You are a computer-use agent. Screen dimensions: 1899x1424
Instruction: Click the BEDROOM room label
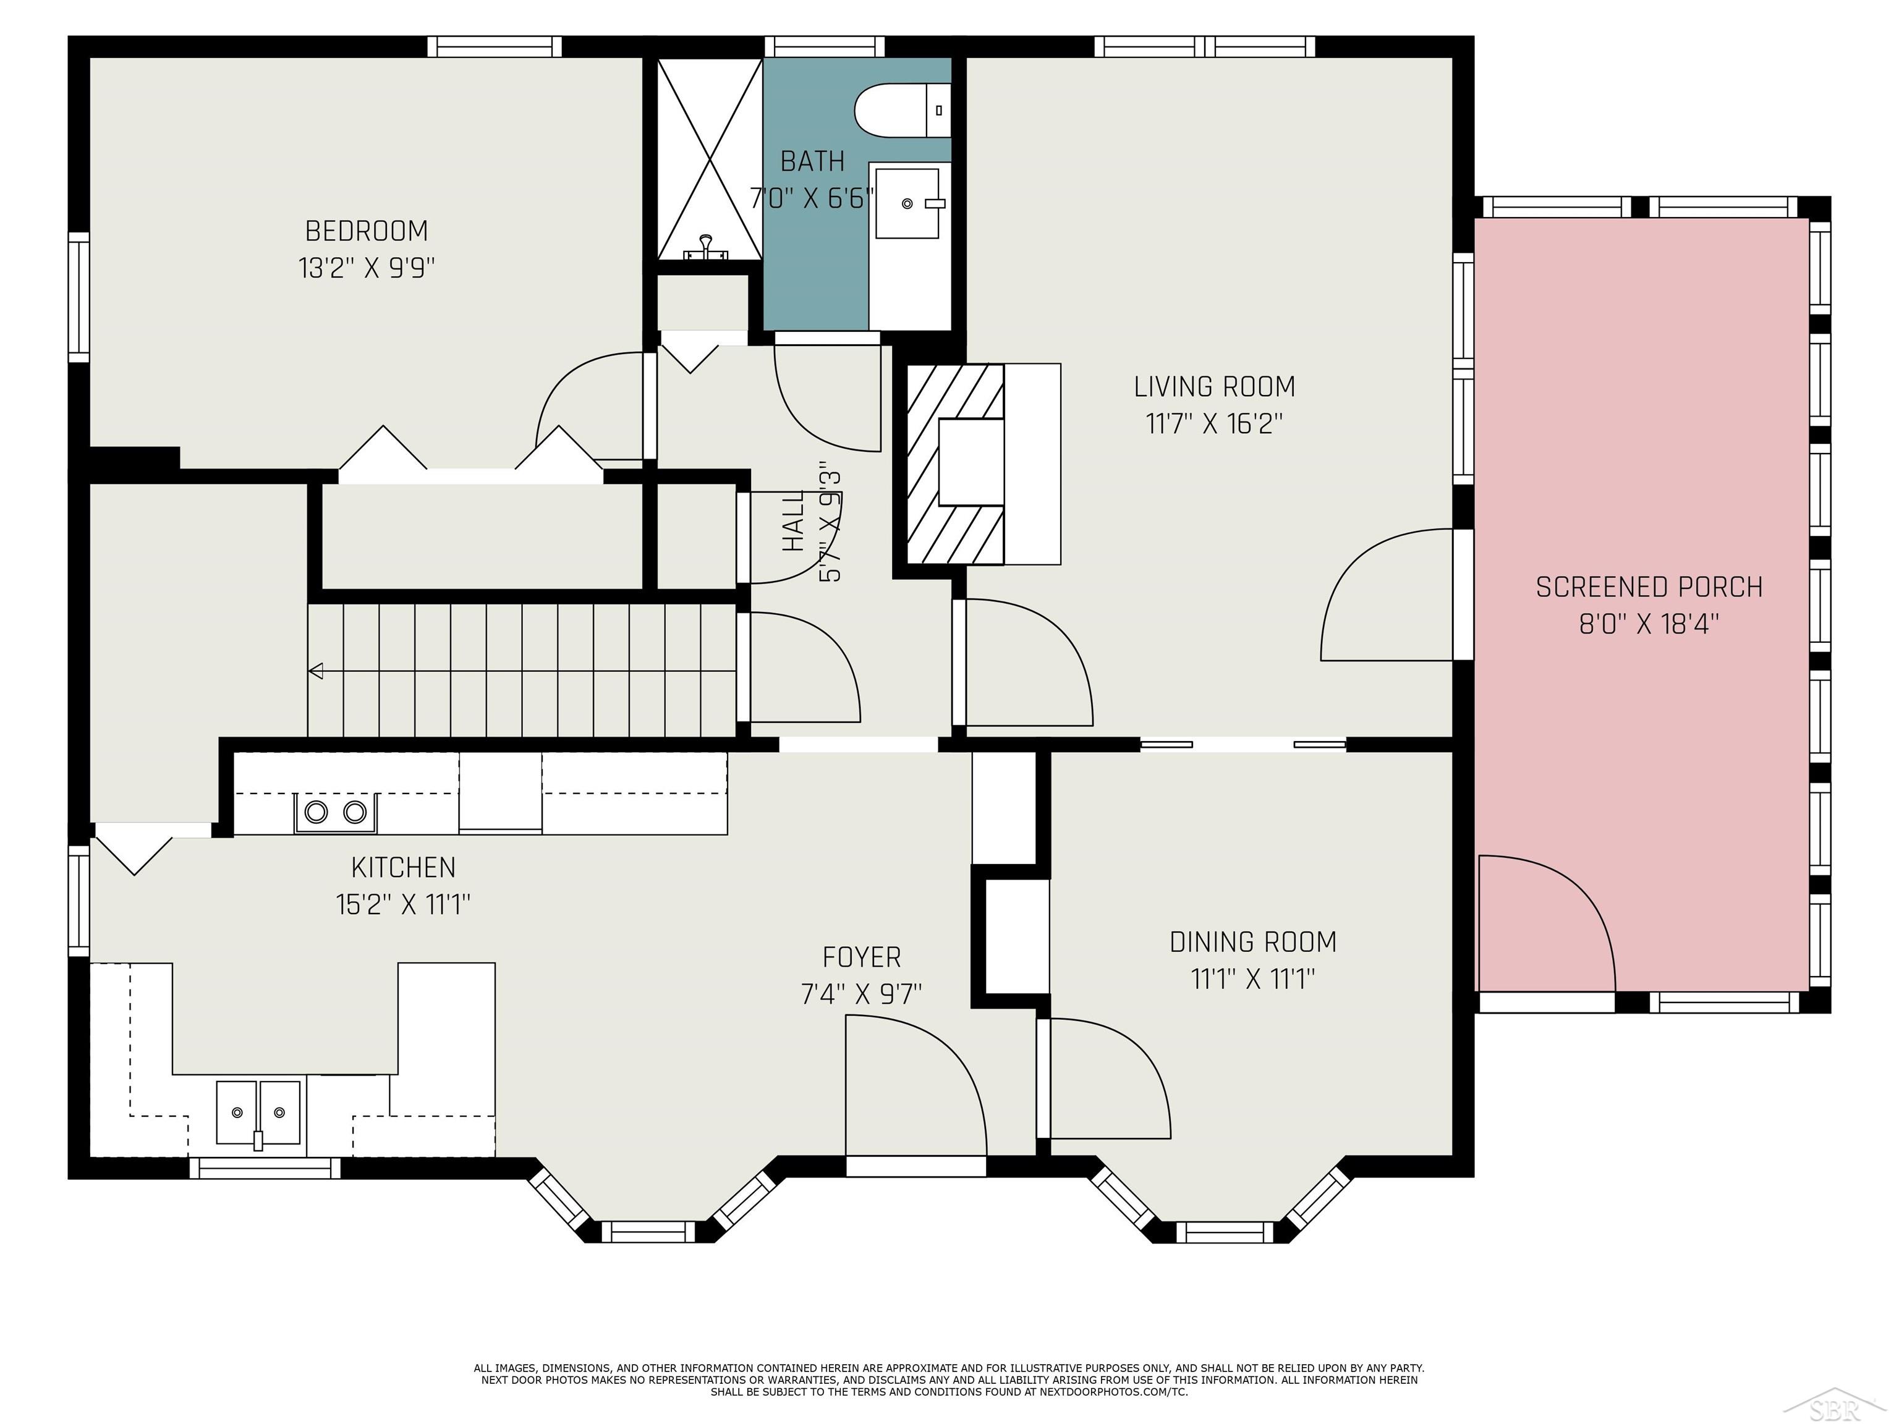[367, 231]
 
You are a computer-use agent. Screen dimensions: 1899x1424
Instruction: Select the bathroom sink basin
[907, 203]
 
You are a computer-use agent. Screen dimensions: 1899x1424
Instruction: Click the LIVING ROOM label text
[1214, 387]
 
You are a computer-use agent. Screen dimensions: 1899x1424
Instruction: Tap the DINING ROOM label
[1252, 943]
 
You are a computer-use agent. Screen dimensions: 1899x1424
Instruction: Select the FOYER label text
[861, 957]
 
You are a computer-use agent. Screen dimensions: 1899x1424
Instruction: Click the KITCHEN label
[404, 868]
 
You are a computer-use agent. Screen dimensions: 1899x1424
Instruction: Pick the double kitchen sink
[258, 1112]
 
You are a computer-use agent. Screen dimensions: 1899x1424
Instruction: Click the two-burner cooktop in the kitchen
[336, 812]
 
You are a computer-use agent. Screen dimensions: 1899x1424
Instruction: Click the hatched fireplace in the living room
[956, 464]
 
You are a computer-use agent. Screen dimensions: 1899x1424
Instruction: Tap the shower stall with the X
[709, 158]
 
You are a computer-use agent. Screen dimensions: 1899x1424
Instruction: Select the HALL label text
[793, 520]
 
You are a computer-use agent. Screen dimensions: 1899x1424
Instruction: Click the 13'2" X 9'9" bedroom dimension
[367, 268]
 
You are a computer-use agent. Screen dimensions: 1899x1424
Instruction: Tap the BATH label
[812, 161]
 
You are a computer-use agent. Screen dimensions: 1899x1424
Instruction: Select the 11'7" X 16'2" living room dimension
[1214, 423]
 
